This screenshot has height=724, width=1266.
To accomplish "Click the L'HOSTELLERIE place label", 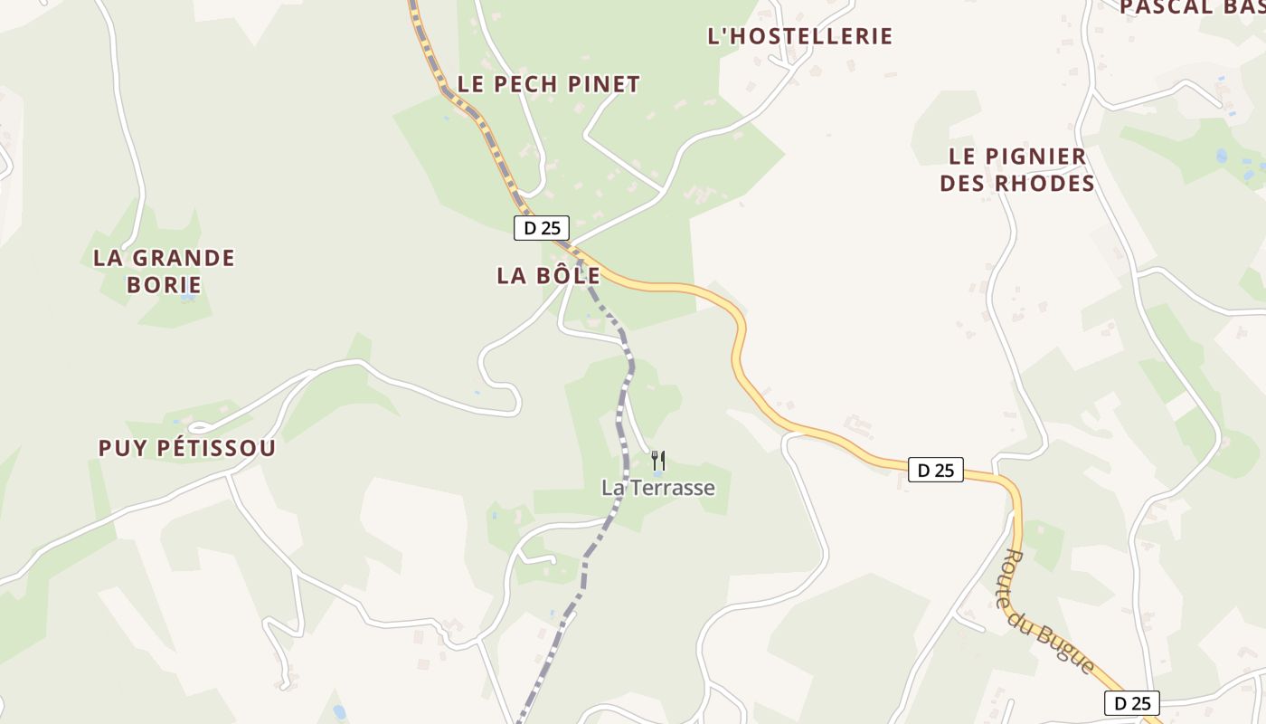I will (x=799, y=36).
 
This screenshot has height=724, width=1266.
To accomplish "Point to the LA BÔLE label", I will (x=548, y=276).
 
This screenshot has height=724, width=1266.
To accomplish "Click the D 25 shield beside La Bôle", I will (x=542, y=228).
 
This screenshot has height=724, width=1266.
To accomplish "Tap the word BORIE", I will (x=164, y=284).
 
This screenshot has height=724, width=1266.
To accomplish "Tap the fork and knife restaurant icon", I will (x=658, y=461).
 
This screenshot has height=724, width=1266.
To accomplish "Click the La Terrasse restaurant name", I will (x=658, y=488).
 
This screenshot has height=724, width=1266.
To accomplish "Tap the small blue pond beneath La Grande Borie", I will (x=187, y=297).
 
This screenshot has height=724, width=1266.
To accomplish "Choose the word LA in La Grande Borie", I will (x=107, y=258).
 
